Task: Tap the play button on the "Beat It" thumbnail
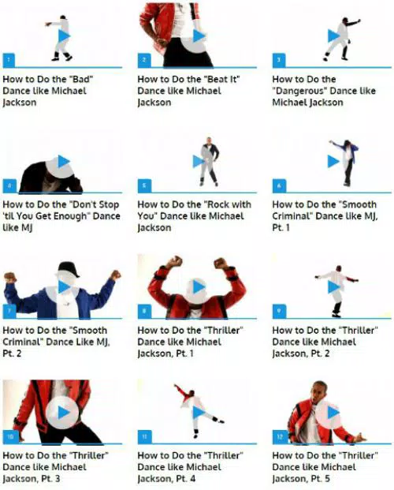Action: click(198, 36)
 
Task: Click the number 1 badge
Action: click(8, 60)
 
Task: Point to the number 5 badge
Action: click(143, 186)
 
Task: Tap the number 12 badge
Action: click(278, 436)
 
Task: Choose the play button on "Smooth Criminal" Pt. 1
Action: click(333, 161)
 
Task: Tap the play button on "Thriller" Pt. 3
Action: click(64, 412)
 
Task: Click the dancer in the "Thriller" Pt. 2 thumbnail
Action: click(335, 286)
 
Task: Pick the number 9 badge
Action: click(278, 311)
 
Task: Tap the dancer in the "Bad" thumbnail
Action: click(61, 38)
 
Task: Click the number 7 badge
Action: click(8, 311)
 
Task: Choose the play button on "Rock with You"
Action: click(198, 161)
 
